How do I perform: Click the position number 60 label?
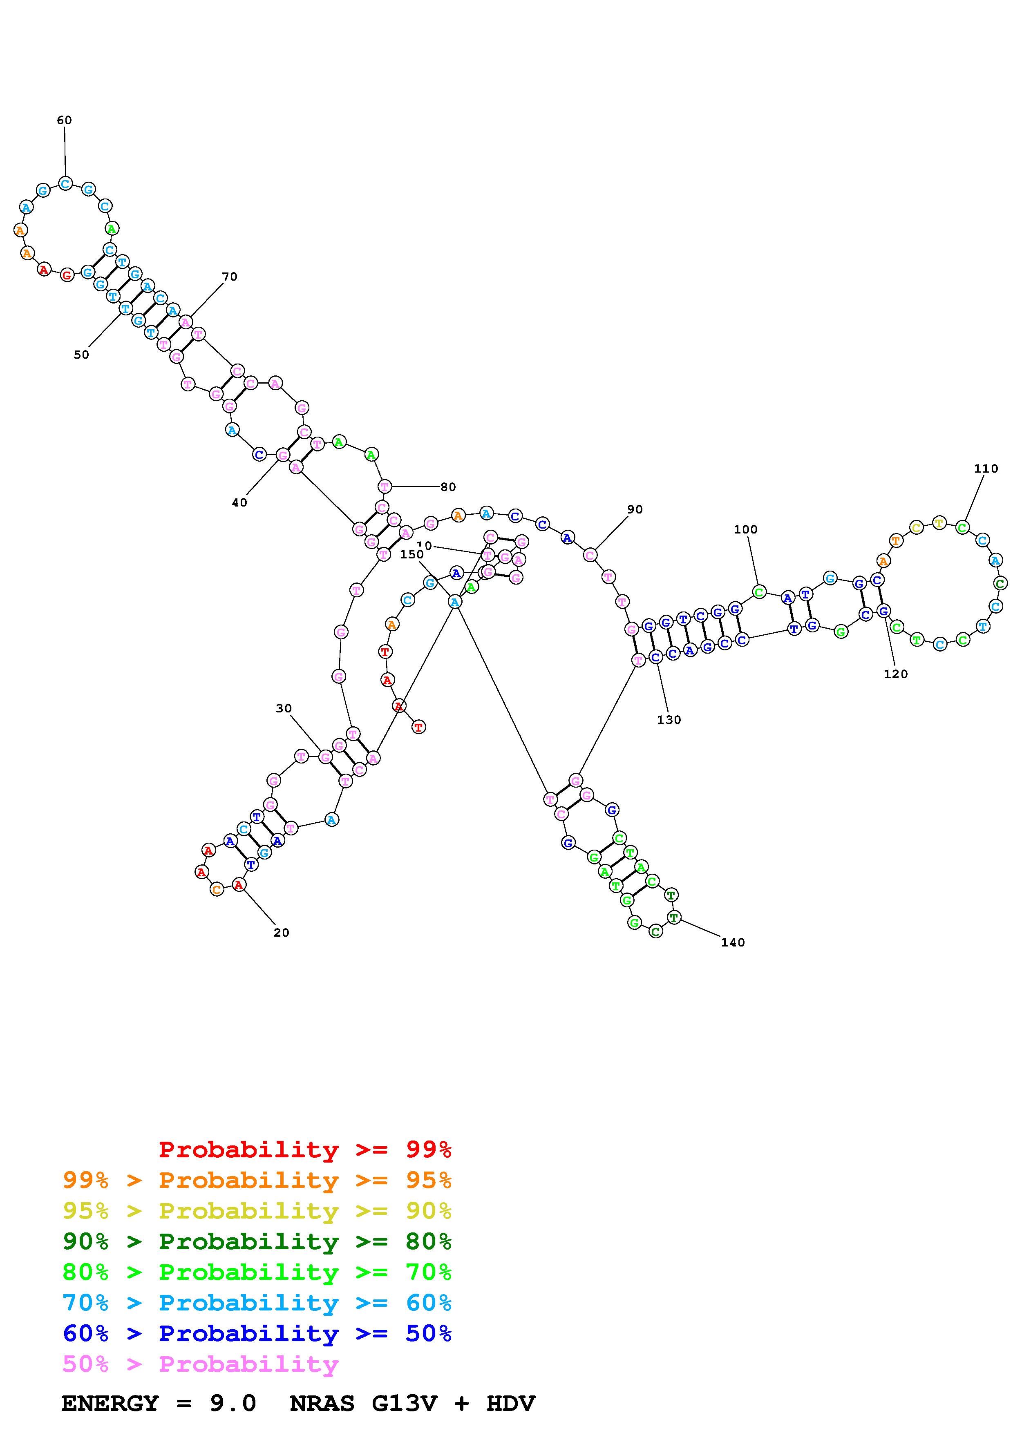click(x=64, y=121)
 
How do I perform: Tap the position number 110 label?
click(x=986, y=469)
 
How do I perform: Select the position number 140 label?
click(x=733, y=942)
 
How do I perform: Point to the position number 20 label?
click(x=282, y=933)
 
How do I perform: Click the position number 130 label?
click(x=669, y=720)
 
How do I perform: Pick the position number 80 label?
click(x=448, y=487)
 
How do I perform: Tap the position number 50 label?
click(x=81, y=355)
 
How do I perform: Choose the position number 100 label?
click(x=745, y=529)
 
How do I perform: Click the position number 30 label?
click(x=284, y=708)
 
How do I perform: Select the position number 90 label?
click(x=635, y=509)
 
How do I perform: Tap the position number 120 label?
click(x=896, y=674)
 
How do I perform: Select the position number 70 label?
click(x=230, y=277)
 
